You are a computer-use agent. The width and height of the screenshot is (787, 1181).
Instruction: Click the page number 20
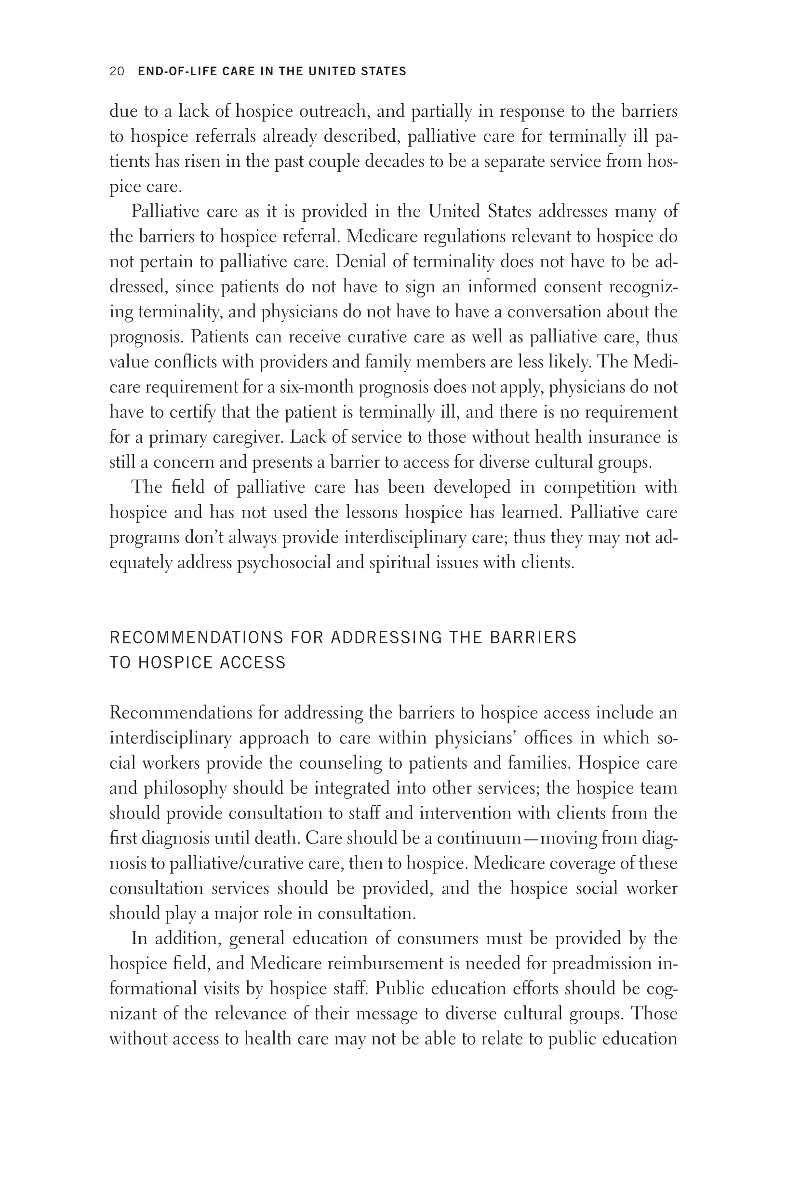[x=117, y=71]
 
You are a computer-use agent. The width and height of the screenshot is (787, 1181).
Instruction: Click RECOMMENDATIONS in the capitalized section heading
[x=197, y=637]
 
